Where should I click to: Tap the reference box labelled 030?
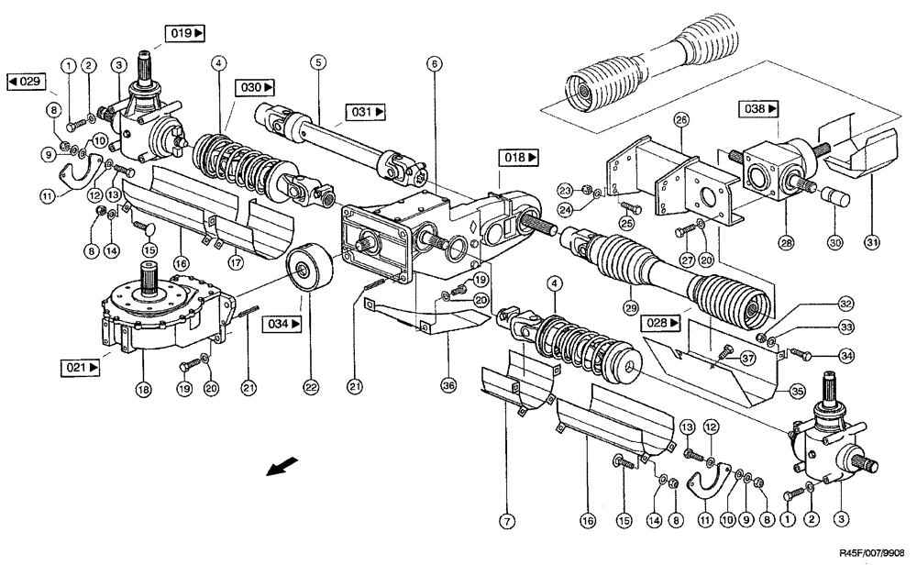256,88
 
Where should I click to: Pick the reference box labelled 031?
366,113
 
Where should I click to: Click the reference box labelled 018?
520,158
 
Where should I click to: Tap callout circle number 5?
318,64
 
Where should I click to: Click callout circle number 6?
434,64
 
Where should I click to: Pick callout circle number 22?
310,389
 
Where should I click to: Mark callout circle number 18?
140,389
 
